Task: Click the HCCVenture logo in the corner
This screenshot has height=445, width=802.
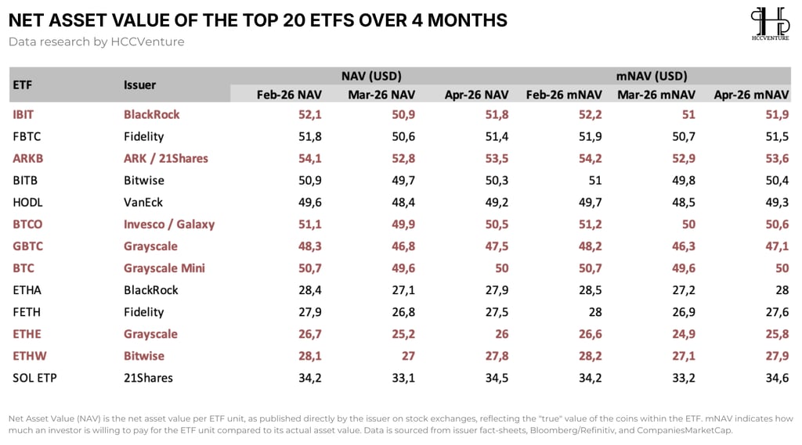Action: click(x=770, y=23)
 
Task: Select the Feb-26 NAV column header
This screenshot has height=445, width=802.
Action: click(x=289, y=95)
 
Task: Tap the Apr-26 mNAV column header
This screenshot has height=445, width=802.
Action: click(x=751, y=95)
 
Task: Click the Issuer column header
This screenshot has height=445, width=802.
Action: click(x=139, y=84)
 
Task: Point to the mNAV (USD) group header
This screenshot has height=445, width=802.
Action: click(x=652, y=76)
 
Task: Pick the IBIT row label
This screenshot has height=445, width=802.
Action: click(x=23, y=114)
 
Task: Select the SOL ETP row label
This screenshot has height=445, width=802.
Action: click(x=34, y=378)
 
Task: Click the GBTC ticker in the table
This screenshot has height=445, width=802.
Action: click(x=28, y=246)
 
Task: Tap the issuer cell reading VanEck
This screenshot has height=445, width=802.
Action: click(x=143, y=203)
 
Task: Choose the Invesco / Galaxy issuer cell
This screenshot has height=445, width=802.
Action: click(x=169, y=224)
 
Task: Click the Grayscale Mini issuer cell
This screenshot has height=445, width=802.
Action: click(x=164, y=268)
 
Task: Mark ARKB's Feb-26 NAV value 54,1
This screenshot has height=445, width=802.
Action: click(x=310, y=159)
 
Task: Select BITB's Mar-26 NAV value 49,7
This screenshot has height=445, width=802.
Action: click(x=403, y=181)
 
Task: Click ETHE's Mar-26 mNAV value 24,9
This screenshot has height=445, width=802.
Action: click(x=684, y=334)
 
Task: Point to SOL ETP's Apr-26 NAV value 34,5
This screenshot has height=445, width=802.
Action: click(x=497, y=378)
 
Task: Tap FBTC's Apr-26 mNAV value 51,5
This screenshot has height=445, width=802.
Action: click(x=777, y=136)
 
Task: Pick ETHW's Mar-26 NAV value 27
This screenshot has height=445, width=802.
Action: click(x=408, y=356)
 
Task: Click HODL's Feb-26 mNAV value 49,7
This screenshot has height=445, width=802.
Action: click(x=591, y=203)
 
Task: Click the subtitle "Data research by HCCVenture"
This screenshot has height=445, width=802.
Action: click(x=96, y=42)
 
